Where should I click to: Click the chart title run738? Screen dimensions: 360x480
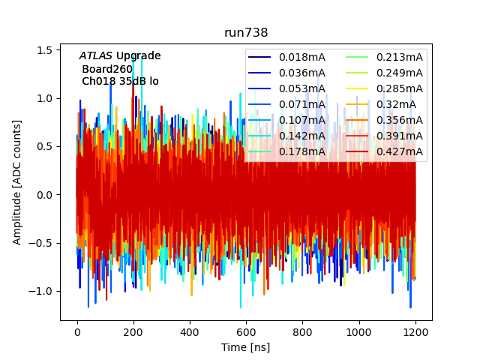pyautogui.click(x=246, y=33)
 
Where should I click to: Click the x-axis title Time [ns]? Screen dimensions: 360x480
pyautogui.click(x=245, y=347)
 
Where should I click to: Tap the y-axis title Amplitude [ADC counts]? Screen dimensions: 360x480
pyautogui.click(x=17, y=181)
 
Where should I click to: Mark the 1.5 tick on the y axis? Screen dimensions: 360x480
pyautogui.click(x=44, y=49)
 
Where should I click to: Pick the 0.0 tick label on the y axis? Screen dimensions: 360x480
pyautogui.click(x=44, y=195)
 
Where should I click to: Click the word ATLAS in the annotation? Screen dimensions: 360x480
pyautogui.click(x=96, y=55)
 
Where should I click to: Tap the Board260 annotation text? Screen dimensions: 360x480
pyautogui.click(x=107, y=69)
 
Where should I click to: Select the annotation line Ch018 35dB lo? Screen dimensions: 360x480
pyautogui.click(x=120, y=81)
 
